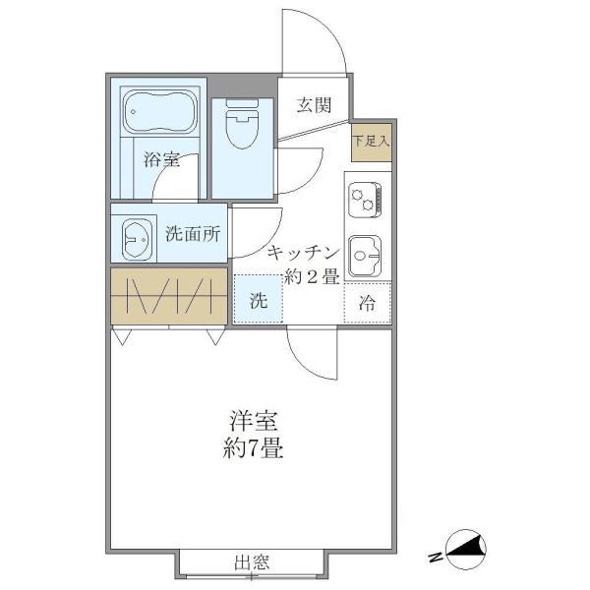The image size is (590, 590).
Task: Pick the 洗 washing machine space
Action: (x=258, y=301)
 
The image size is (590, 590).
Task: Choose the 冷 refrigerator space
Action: (x=367, y=303)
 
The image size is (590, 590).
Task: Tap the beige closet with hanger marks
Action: (x=168, y=294)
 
